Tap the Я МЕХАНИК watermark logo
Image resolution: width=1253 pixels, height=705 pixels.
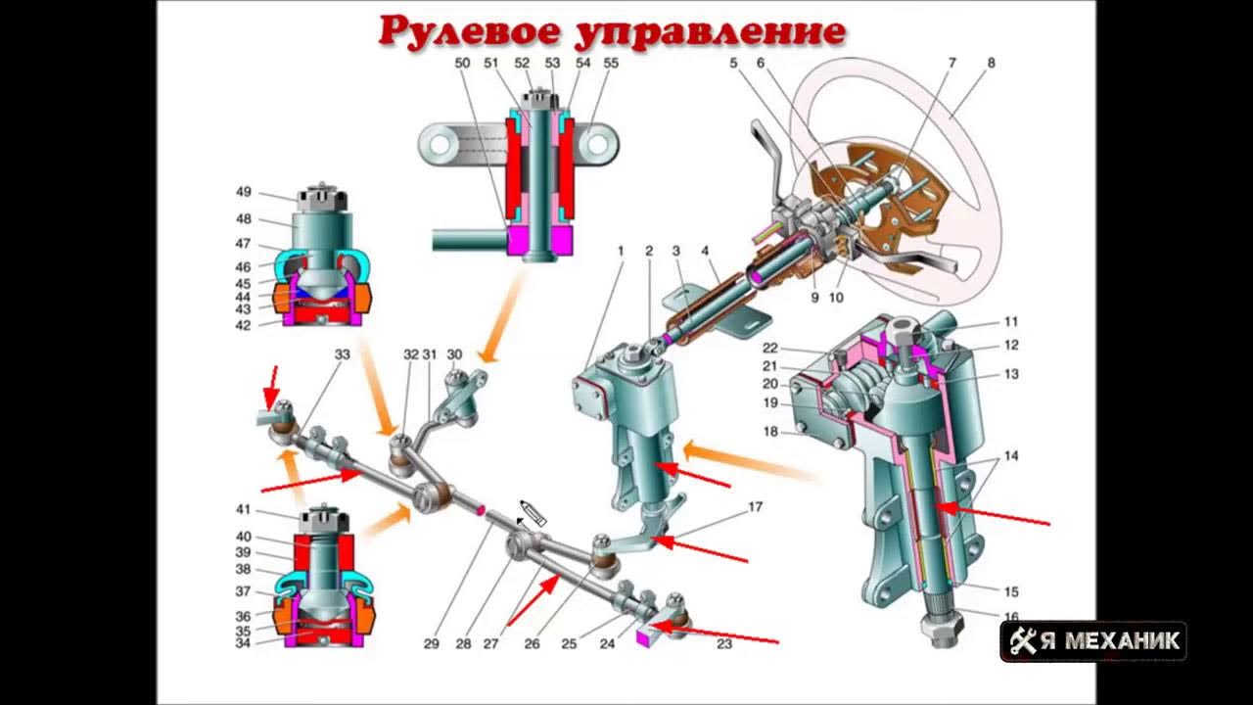[1093, 641]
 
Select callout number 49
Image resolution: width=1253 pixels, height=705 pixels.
[244, 191]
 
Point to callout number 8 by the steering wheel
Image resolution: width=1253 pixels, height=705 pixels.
[991, 63]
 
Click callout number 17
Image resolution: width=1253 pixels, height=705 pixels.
[755, 507]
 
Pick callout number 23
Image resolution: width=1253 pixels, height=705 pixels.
[724, 644]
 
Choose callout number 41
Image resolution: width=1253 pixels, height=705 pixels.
[244, 509]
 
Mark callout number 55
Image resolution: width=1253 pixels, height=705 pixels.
[611, 63]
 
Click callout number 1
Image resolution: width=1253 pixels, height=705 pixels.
[621, 251]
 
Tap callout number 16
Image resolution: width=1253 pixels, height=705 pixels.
[1011, 618]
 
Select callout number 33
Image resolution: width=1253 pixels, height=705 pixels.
[342, 354]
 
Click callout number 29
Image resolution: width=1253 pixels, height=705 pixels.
[432, 644]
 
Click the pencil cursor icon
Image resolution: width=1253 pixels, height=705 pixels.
[532, 512]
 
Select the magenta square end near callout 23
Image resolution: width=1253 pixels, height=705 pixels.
[644, 637]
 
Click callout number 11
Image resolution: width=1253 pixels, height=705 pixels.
[1011, 321]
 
